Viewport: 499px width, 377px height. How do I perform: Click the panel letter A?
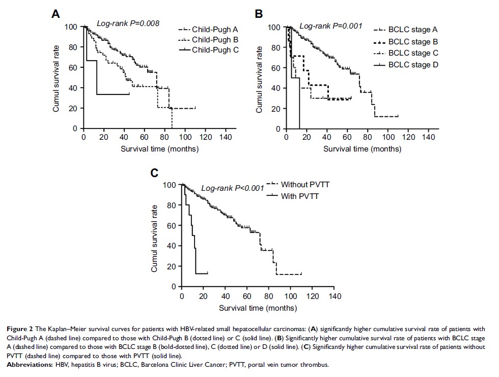pos(57,14)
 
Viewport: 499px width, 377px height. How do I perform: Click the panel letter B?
pos(259,14)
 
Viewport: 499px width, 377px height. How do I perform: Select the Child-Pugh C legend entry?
pos(215,49)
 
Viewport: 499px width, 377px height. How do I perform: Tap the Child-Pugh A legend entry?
pos(215,30)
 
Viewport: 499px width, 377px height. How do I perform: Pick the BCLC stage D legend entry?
pos(413,65)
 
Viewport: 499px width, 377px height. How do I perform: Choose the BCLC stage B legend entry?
pos(413,42)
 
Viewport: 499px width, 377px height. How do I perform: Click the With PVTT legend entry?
pos(299,195)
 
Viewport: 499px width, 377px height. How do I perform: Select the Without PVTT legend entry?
pos(305,184)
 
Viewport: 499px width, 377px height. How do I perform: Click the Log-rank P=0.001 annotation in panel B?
pos(330,26)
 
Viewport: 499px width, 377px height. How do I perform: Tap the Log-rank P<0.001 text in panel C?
pos(232,188)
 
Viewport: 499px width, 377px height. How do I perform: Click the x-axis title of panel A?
pos(159,149)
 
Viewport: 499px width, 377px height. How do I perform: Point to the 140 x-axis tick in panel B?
pos(428,138)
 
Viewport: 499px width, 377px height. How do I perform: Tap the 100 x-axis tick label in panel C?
pos(290,296)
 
